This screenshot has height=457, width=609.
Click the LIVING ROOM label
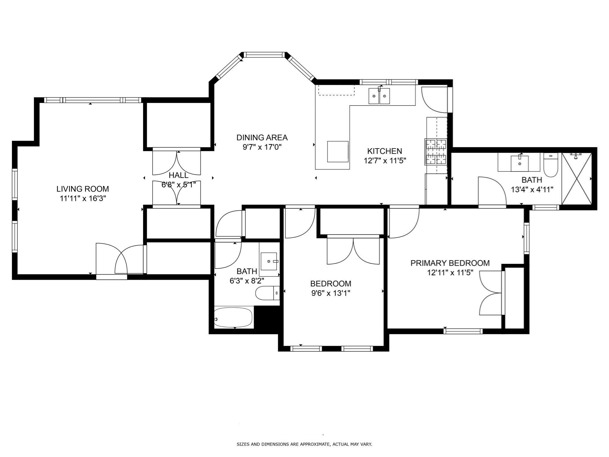(83, 189)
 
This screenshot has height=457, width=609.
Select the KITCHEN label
(384, 151)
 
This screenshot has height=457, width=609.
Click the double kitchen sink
(379, 96)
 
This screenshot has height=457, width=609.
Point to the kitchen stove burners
(436, 152)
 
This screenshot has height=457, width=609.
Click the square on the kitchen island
(338, 151)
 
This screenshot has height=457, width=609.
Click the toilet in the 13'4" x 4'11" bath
(550, 165)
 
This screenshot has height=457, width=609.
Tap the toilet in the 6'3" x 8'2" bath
(267, 293)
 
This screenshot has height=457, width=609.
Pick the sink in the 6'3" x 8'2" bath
(269, 261)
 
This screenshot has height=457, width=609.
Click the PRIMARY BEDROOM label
(450, 263)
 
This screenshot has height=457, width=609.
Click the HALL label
(178, 175)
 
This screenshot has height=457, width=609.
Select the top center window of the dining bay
(264, 55)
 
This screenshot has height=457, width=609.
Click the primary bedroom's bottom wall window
(463, 331)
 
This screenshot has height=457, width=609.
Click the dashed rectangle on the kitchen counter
(336, 90)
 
